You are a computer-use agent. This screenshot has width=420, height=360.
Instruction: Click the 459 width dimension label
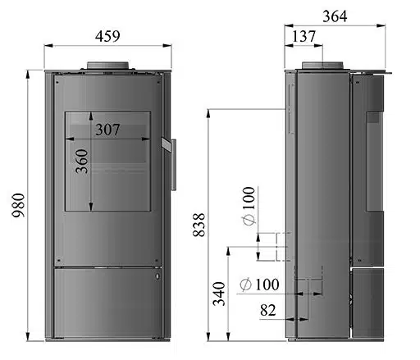tap(107, 36)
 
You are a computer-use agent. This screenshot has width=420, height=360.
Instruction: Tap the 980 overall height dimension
tap(19, 205)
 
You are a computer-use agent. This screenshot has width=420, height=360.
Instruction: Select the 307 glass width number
tap(107, 130)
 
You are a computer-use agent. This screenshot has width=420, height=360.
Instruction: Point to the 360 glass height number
tap(82, 162)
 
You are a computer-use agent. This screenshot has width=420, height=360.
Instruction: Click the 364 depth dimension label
tap(335, 16)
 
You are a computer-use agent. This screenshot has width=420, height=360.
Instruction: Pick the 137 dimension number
tap(304, 36)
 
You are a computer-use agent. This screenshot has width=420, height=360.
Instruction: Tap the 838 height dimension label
tap(199, 225)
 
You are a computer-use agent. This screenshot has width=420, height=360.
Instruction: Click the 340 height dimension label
tap(219, 294)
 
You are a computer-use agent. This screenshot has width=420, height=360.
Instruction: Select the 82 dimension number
tap(268, 310)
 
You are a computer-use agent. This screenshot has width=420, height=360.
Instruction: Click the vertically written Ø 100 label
tap(249, 206)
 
